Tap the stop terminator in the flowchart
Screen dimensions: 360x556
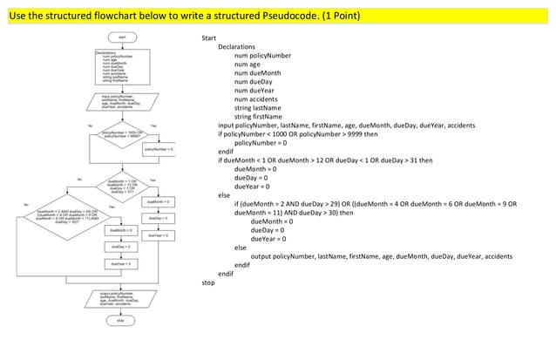point(121,320)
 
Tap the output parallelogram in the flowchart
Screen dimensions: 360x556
point(121,298)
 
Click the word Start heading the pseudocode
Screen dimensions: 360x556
point(208,38)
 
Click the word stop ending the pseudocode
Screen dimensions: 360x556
point(208,282)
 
